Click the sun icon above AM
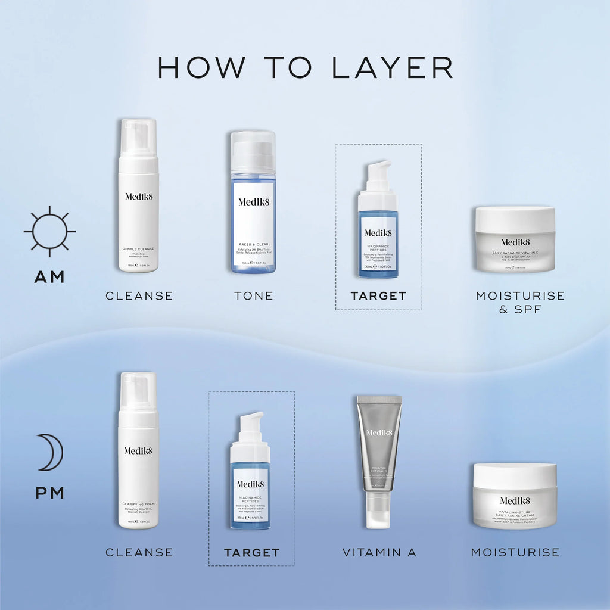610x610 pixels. (x=49, y=231)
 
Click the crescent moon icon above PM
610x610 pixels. (x=51, y=452)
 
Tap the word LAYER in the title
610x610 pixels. (x=392, y=68)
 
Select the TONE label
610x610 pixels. (x=254, y=296)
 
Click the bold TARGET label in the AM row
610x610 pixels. (x=378, y=296)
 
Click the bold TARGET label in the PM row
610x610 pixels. (x=251, y=553)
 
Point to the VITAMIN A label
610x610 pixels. (x=379, y=553)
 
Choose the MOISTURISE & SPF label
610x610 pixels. (x=519, y=303)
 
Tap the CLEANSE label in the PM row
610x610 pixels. (x=139, y=553)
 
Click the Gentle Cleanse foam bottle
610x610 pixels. (x=138, y=197)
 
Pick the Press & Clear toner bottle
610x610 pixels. (x=253, y=203)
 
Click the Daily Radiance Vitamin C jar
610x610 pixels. (x=515, y=239)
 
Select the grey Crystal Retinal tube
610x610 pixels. (x=379, y=444)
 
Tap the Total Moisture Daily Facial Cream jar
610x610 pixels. (x=515, y=496)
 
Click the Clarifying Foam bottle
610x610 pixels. (x=138, y=451)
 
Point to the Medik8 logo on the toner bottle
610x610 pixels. (x=254, y=201)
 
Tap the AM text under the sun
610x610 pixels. (x=49, y=277)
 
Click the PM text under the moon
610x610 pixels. (x=49, y=493)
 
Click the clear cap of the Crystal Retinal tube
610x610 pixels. (x=379, y=511)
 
